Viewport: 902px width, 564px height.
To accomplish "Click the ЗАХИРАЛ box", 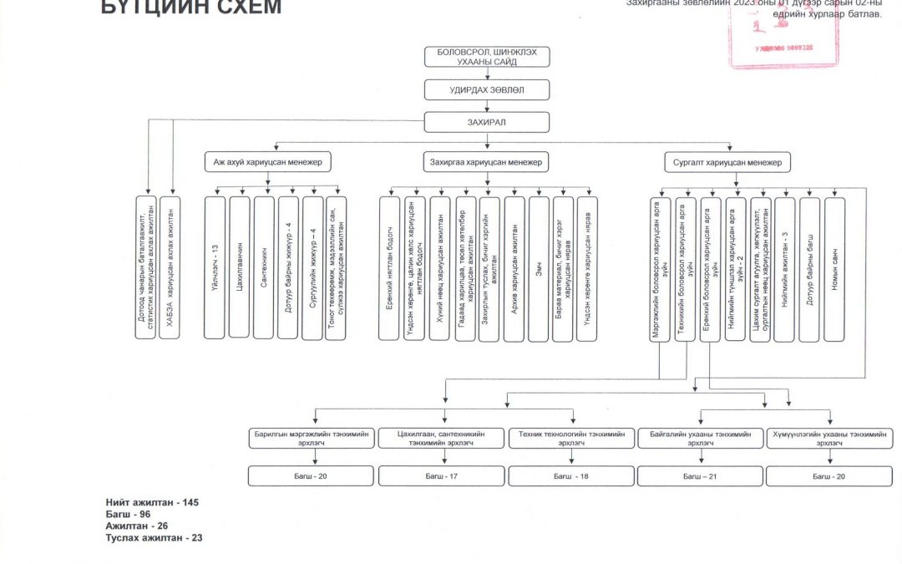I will tap(486, 122).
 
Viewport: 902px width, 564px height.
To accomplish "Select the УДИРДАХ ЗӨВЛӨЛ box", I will tap(486, 89).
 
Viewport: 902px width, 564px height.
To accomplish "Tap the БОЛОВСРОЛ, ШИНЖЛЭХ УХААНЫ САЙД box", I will tap(486, 57).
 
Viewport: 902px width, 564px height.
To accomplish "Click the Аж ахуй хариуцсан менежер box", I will tap(267, 162).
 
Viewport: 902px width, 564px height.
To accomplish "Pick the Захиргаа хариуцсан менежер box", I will tap(486, 162).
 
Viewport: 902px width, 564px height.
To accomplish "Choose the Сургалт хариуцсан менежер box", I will tap(727, 162).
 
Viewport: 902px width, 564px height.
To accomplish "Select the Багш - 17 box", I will tap(441, 476).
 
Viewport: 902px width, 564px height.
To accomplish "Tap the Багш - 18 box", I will tap(571, 476).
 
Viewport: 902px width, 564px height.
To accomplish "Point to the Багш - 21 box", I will tap(700, 476).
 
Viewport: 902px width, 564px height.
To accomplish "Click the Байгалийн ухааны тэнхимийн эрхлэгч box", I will tap(700, 439).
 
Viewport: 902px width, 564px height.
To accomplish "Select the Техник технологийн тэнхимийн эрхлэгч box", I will tap(571, 439).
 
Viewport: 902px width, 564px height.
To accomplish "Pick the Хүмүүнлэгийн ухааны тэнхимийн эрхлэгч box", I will tap(829, 439).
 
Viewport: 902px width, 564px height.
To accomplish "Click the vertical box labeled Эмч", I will tap(539, 268).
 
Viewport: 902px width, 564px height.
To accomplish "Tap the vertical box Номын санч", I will tap(834, 268).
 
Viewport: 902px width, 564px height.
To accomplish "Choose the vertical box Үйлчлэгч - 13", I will tap(215, 268).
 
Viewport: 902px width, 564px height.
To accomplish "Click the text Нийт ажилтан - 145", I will tap(152, 502).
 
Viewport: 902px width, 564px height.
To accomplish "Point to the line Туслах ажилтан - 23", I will tap(154, 538).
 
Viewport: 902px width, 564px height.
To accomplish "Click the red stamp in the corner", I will tap(785, 33).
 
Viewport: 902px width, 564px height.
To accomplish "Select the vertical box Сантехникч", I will tap(264, 268).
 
